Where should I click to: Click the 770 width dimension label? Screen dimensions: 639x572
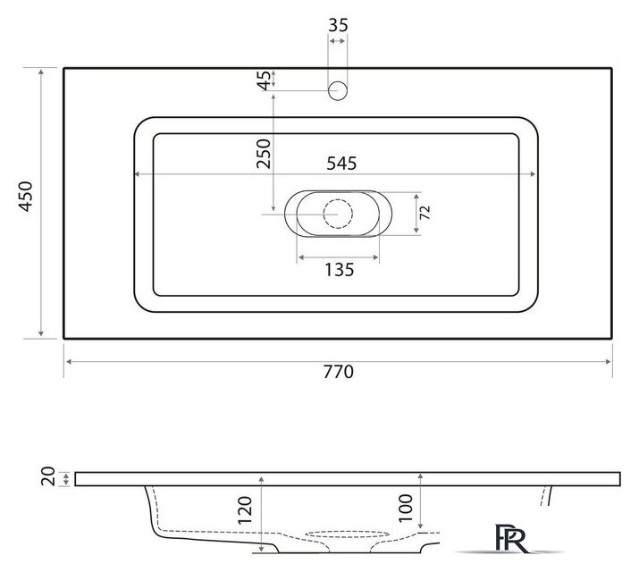pos(338,372)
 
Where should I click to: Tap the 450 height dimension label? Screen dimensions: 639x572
pos(25,197)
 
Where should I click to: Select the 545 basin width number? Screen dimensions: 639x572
pos(341,164)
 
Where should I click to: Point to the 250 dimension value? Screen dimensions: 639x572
pos(264,154)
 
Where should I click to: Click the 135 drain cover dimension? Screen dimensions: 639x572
pos(339,270)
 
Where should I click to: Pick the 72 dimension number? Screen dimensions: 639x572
pos(425,213)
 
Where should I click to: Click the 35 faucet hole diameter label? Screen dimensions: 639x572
pos(338,25)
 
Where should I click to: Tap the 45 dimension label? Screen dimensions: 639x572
pos(265,80)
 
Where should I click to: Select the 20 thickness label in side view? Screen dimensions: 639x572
pos(48,476)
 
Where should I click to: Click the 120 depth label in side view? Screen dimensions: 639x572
pos(245,510)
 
